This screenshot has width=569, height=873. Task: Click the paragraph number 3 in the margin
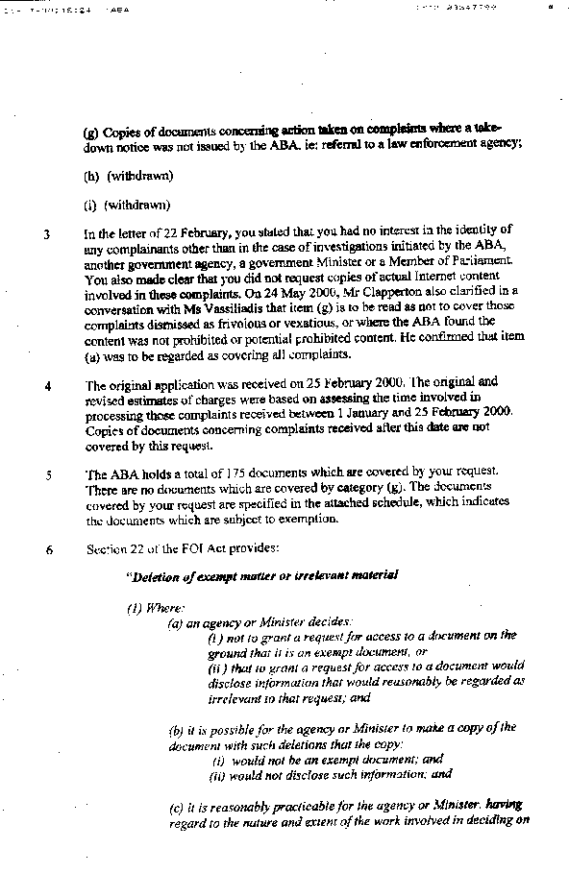click(47, 233)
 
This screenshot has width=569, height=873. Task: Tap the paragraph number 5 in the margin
click(47, 474)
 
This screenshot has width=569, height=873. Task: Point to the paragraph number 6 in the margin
click(47, 550)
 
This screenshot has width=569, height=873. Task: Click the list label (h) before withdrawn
click(92, 175)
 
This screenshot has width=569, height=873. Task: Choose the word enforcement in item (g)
click(439, 144)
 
